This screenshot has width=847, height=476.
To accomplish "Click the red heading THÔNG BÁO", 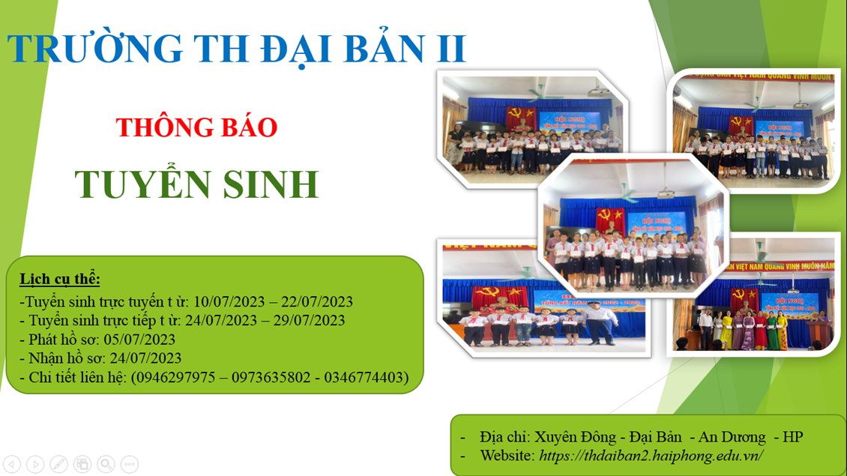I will [x=197, y=127].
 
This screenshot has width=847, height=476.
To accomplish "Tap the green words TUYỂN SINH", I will [x=197, y=184].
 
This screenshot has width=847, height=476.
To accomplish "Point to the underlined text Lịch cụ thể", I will [x=60, y=280].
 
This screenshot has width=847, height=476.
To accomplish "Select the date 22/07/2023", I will [x=317, y=302].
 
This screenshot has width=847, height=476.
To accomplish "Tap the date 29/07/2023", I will [x=310, y=321].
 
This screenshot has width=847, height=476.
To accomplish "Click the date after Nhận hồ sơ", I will [x=145, y=358].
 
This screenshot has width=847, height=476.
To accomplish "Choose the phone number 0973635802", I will [x=271, y=377].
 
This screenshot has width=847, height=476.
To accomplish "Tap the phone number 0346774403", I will [x=364, y=377].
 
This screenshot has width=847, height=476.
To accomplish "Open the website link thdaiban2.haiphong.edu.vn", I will [x=651, y=455].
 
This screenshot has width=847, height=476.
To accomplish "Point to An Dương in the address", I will [x=732, y=436].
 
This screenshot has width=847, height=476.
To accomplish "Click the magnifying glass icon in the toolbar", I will [x=106, y=464].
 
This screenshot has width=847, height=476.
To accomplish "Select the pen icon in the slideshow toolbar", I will [x=58, y=464].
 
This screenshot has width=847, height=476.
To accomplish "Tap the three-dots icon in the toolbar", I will [x=129, y=464].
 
